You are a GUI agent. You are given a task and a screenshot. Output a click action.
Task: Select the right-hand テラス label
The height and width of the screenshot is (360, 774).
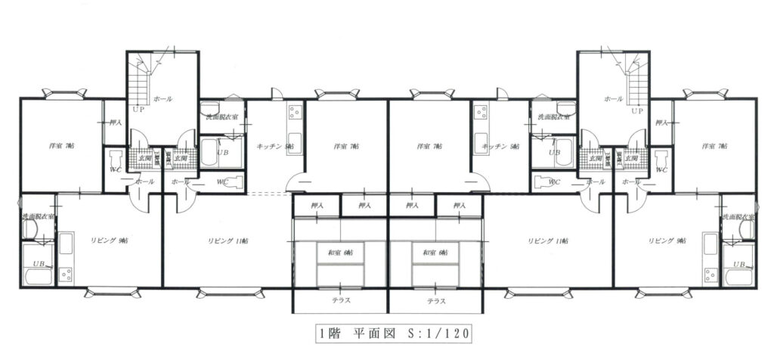click(436, 300)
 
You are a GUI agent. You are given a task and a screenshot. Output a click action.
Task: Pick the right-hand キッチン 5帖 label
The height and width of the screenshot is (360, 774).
click(500, 146)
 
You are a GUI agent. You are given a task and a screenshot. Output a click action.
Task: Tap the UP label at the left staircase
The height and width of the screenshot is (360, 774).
click(138, 110)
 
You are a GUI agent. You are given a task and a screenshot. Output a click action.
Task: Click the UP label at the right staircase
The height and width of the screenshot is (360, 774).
click(636, 110)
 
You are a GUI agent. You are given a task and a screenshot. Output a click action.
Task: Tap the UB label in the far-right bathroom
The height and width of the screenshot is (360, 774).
click(738, 264)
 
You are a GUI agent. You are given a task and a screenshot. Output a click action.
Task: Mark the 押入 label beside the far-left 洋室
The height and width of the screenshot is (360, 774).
click(115, 122)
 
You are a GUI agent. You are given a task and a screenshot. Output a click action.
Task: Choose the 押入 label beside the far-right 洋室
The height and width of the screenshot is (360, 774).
click(661, 122)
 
